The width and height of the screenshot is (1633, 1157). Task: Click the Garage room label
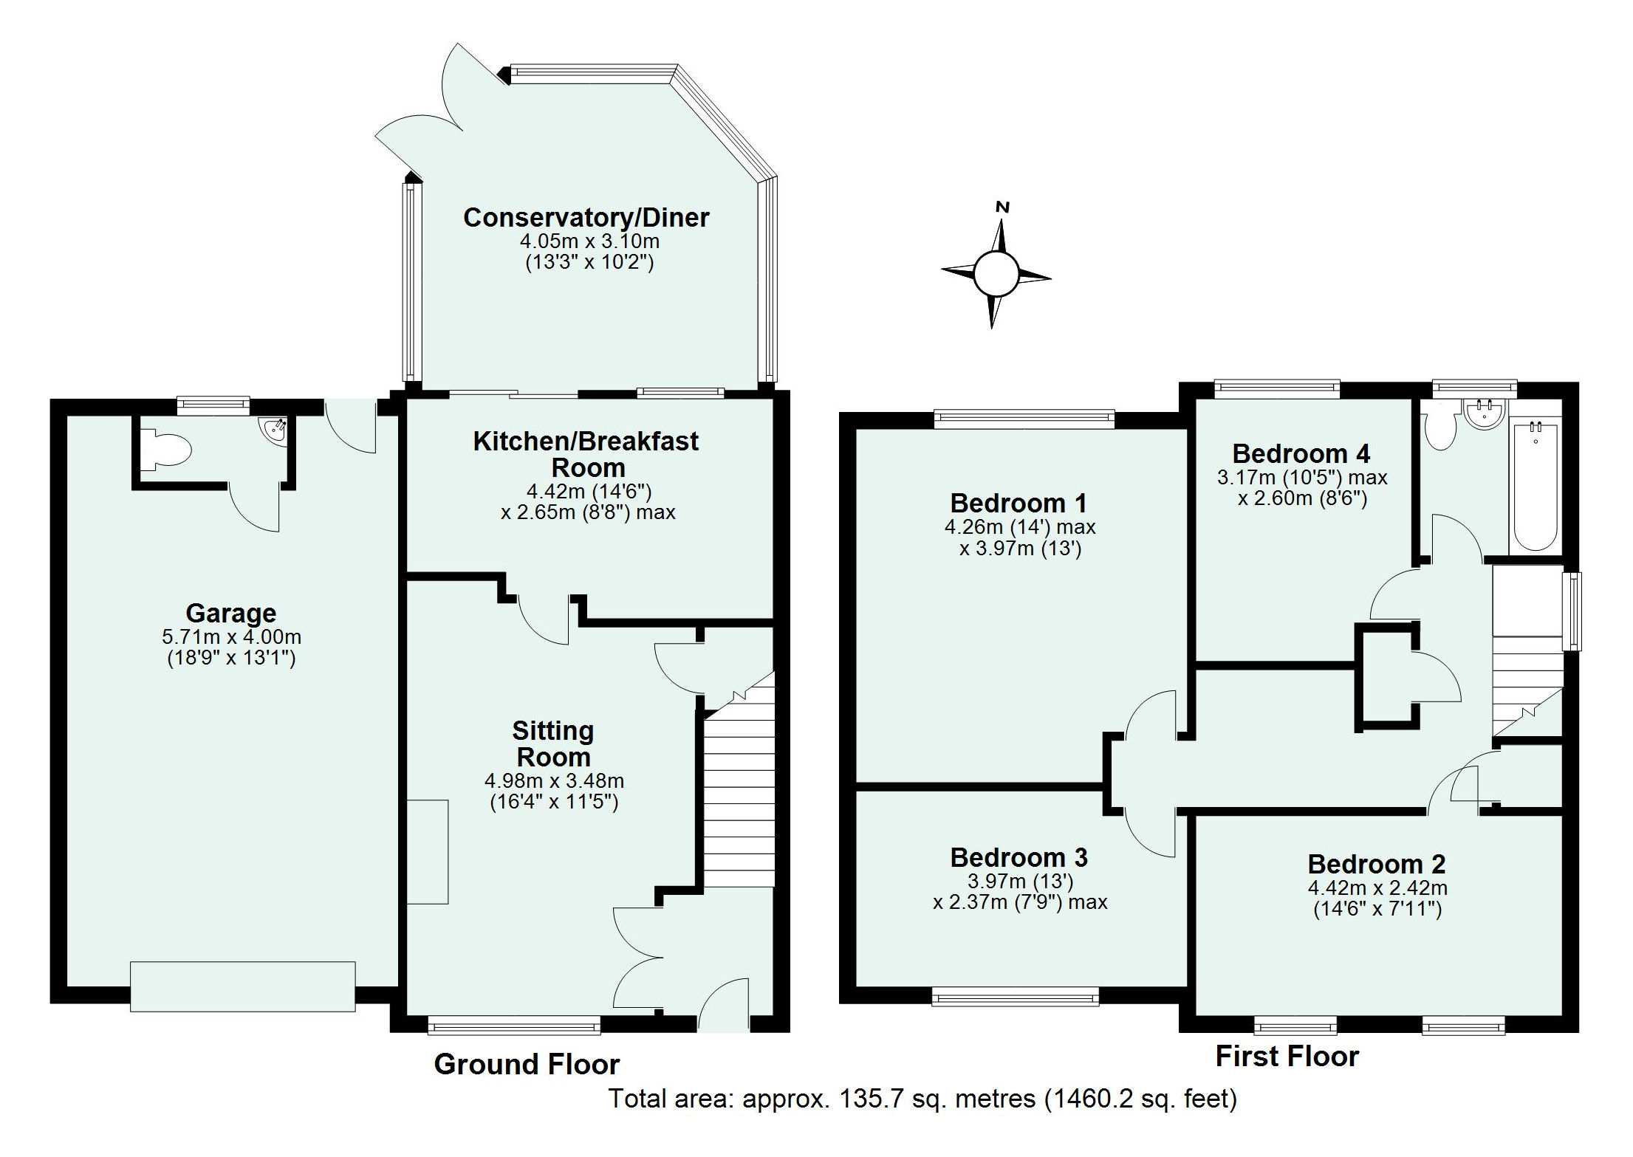(230, 613)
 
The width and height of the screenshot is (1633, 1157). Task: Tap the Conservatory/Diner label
(586, 217)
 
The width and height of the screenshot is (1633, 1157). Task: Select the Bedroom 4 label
(1301, 453)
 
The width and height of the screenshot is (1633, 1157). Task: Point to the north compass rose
(996, 272)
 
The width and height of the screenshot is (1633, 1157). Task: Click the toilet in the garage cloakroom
(169, 449)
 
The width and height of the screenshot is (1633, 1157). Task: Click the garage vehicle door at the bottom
(242, 985)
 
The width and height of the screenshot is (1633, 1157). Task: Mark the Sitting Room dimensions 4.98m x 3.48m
(553, 780)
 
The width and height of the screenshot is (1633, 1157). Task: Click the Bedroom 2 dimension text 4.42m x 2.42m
(1377, 888)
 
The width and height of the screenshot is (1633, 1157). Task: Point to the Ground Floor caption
(527, 1064)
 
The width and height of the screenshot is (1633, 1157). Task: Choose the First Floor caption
(1287, 1056)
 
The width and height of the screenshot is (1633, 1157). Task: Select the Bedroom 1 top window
(1024, 419)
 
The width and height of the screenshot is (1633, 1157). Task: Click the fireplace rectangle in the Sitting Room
(428, 851)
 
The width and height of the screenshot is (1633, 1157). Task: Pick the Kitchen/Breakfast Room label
(586, 453)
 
